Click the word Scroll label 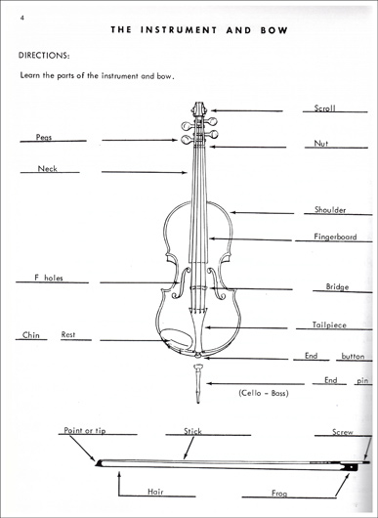[x=325, y=108]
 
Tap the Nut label [x=320, y=144]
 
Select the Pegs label [x=44, y=138]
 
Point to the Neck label [x=48, y=169]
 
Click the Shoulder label [x=330, y=209]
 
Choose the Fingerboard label [x=335, y=237]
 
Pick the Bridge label [x=337, y=287]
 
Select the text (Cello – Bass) [x=263, y=392]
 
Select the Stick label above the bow [x=193, y=429]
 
